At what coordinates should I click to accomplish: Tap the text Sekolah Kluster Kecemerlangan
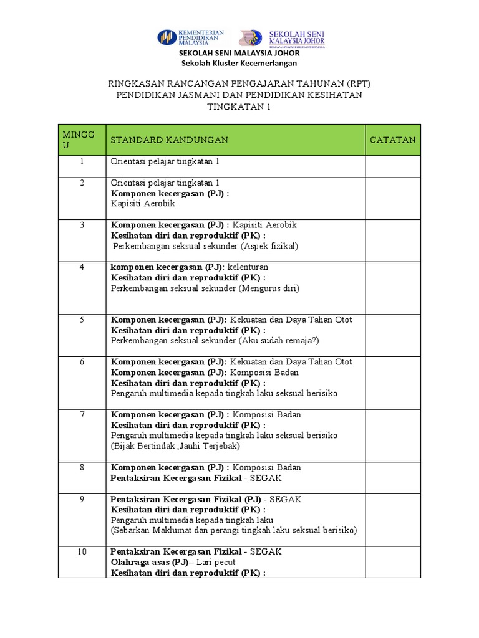[239, 63]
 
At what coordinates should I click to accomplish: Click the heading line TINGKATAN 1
[239, 107]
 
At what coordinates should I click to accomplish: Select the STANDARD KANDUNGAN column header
[169, 140]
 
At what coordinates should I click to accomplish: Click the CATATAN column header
[392, 140]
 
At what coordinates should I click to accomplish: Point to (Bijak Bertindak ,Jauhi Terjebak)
[176, 446]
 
